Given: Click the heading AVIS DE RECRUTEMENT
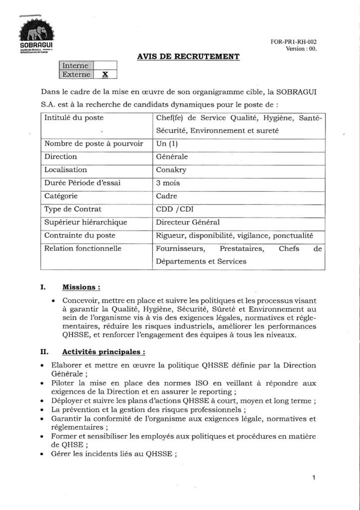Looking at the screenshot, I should (x=188, y=57).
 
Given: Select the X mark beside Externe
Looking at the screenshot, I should (x=105, y=74).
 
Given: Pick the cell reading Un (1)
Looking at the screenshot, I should (x=166, y=143).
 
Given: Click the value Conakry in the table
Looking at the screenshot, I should (x=170, y=169).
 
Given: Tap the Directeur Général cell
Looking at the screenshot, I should (x=188, y=222).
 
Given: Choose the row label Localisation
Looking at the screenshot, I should (x=66, y=169).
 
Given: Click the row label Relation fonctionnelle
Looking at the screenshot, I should (x=83, y=248).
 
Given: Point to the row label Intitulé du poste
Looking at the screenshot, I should (x=74, y=119).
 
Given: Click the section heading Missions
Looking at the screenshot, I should (x=81, y=287).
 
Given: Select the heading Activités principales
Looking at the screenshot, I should (x=104, y=352).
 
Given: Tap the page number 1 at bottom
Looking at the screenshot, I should (x=314, y=478).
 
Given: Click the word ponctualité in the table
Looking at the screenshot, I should (x=297, y=235).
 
